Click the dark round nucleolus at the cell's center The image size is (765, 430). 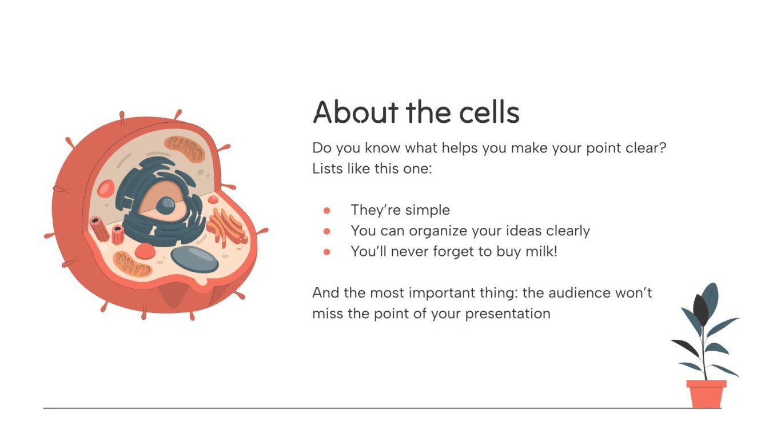[x=166, y=205]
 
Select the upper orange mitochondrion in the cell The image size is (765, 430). [x=184, y=149]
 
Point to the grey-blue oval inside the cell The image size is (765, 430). [x=194, y=259]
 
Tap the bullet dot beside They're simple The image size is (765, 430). [x=327, y=211]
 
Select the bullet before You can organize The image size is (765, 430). [x=327, y=231]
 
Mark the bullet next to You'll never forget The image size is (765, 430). [x=327, y=252]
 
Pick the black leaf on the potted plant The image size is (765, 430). [x=700, y=311]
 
